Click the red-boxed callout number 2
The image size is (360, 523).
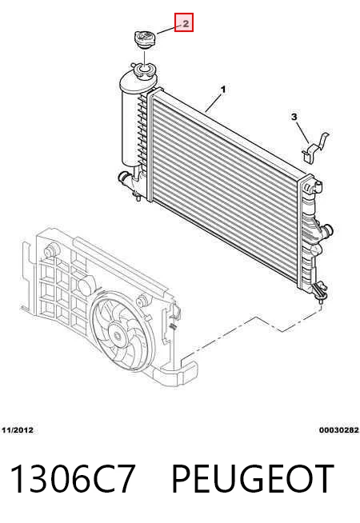184,22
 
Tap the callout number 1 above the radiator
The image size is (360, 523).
223,90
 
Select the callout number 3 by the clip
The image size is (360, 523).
294,117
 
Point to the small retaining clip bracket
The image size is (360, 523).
315,148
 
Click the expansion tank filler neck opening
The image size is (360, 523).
144,70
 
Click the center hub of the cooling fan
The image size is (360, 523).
117,334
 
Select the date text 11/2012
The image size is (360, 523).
18,430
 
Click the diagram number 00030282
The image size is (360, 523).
338,430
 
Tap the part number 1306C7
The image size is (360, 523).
73,479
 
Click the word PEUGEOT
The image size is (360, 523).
253,479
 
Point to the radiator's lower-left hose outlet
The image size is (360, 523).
125,178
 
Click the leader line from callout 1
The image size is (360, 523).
213,103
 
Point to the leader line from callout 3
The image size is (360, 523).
302,133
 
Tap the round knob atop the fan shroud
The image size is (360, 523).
51,250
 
